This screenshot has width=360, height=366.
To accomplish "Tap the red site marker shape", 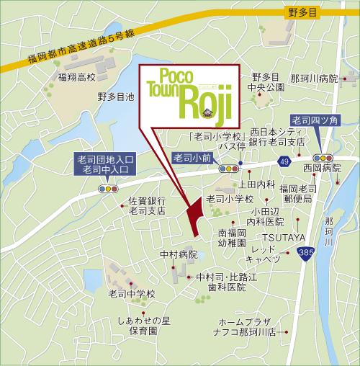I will [193, 214].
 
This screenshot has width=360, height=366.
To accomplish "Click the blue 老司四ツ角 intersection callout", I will [316, 120].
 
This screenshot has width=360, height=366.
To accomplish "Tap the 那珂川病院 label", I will [314, 77].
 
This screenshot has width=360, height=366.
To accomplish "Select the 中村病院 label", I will [179, 254].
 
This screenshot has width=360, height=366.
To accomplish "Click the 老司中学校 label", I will [132, 294].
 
